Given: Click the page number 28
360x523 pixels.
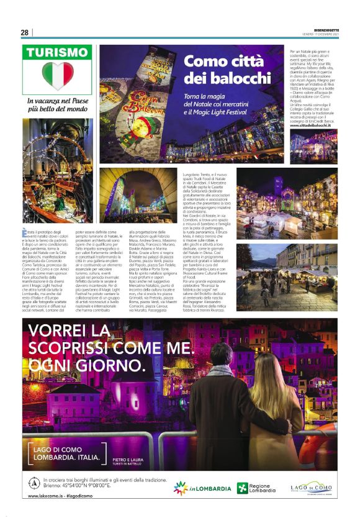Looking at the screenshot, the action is pos(25,32).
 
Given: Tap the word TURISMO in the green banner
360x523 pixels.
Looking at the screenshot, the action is pos(57,53).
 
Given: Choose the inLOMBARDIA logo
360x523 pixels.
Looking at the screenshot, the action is pos(202,488).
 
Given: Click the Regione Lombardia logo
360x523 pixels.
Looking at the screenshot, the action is pos(258,488).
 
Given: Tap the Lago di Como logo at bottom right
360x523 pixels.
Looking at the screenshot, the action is pos(311,488).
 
